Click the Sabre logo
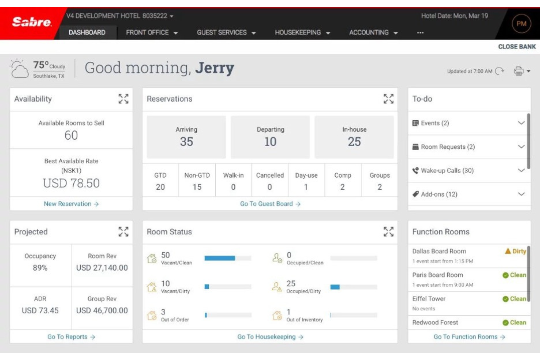pos(32,22)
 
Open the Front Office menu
pos(151,32)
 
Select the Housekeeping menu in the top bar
pos(302,32)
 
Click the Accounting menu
pos(373,32)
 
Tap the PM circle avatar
pos(521,24)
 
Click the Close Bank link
pos(517,47)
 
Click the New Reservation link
pos(71,204)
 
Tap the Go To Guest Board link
pos(270,204)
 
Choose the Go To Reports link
pos(71,337)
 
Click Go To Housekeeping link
pos(270,337)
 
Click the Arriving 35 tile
pos(186,137)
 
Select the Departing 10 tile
pos(270,137)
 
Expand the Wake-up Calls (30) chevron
pos(521,170)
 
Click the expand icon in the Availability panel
pos(123,99)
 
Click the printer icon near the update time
pos(518,71)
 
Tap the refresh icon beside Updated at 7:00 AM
pos(499,71)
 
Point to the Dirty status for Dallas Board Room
pos(515,251)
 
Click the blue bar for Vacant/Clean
pos(220,258)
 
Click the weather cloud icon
pos(19,69)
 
